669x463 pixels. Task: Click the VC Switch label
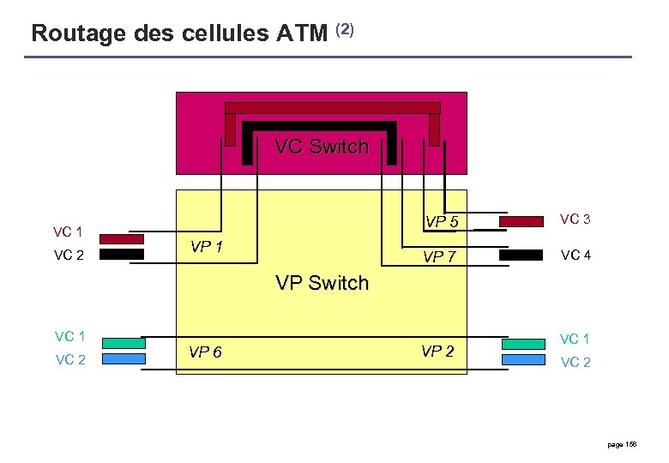[x=322, y=147]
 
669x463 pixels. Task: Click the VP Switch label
[x=322, y=283]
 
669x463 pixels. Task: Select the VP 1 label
[x=207, y=247]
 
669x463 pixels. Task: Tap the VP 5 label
[x=443, y=223]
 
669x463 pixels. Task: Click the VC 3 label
[x=575, y=219]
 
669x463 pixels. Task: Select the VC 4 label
[x=575, y=255]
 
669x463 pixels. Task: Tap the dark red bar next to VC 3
[x=521, y=222]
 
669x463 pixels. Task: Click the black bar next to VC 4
[x=521, y=255]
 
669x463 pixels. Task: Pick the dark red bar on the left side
[x=122, y=239]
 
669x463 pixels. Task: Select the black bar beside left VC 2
[x=122, y=255]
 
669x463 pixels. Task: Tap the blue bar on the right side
[x=522, y=359]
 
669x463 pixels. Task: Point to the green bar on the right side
[x=522, y=344]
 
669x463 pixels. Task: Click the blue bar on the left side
[x=123, y=359]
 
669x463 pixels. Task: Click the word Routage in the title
[x=80, y=33]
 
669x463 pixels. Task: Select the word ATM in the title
[x=302, y=33]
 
